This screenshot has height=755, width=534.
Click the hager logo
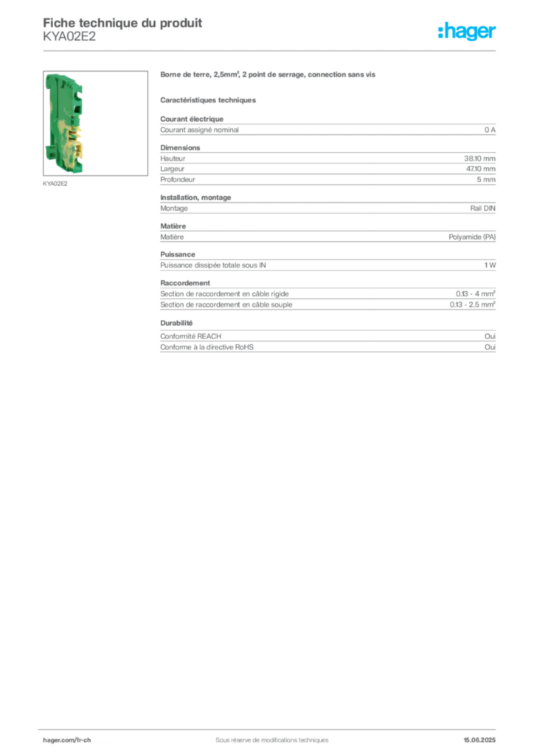(467, 32)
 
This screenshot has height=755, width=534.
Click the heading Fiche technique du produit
(122, 23)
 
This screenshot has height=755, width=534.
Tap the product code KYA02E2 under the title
(69, 37)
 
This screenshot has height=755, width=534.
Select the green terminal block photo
(95, 123)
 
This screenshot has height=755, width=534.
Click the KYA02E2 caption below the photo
(55, 184)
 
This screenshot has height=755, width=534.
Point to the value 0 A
(490, 130)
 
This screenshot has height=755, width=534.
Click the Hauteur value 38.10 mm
(479, 159)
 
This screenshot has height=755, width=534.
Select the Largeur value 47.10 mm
(481, 169)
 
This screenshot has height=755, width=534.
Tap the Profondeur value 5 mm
(486, 180)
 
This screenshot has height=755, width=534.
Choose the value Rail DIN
(482, 209)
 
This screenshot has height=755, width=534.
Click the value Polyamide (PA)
(472, 237)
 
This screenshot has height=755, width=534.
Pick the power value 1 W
(490, 265)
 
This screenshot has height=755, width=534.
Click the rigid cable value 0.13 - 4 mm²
(475, 293)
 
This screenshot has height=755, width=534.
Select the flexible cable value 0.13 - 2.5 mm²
(472, 305)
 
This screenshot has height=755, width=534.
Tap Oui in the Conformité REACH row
(490, 336)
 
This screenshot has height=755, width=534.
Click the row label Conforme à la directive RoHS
(207, 347)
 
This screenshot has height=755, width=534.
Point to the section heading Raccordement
(185, 283)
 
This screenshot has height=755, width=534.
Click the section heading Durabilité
(176, 323)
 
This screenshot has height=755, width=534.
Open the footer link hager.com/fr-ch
(66, 740)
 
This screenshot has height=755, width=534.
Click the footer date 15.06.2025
(479, 740)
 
